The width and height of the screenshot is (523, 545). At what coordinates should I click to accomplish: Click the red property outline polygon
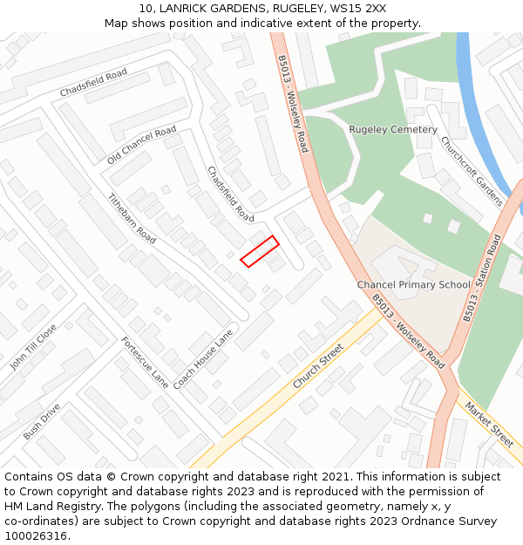point(260,251)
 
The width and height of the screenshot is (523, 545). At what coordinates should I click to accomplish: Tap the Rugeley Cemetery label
point(393,130)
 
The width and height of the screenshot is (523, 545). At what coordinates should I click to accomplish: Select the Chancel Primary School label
point(413,285)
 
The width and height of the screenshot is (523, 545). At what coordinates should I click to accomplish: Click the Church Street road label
point(318,366)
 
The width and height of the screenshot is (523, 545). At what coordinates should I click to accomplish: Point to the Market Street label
point(489,424)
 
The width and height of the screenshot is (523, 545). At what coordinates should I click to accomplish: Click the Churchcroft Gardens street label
point(471,171)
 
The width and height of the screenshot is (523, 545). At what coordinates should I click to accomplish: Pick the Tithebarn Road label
point(132,218)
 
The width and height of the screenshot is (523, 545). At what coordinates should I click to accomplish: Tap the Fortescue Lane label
point(145,362)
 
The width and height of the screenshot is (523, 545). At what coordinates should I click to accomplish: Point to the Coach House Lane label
point(204,358)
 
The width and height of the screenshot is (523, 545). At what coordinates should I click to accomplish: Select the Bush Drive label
point(42,421)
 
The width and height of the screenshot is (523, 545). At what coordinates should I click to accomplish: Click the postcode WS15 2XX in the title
point(364,8)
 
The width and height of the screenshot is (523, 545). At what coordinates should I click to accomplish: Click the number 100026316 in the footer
point(37,535)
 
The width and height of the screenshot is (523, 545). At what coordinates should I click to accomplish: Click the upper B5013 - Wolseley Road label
point(293,103)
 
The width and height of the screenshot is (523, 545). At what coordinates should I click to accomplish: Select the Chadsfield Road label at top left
point(93,83)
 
